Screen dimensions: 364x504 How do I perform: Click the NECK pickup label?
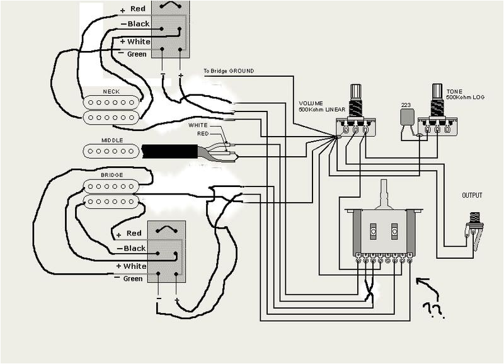point(111,91)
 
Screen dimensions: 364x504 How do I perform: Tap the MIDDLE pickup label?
point(111,140)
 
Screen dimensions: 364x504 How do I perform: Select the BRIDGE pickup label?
point(111,174)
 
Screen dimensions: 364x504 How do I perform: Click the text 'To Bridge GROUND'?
point(229,71)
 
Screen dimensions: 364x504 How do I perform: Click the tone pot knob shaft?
point(437,94)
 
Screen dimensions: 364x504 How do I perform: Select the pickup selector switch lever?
point(384,191)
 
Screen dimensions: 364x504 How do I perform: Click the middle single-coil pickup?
point(111,151)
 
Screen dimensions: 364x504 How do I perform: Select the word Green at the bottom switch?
point(133,278)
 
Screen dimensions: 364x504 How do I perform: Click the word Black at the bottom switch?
point(135,248)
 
